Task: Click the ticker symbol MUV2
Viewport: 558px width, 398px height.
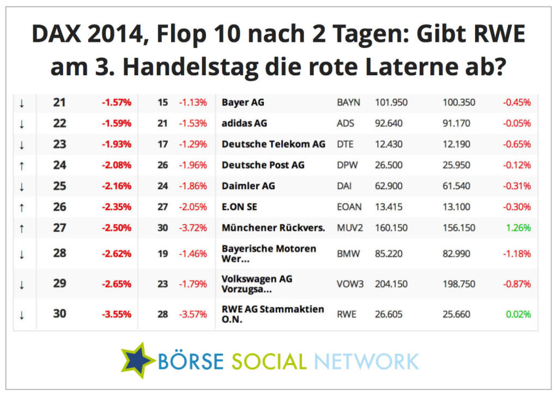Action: click(349, 228)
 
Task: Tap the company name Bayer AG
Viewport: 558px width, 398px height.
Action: click(243, 102)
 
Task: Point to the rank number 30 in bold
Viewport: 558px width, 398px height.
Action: click(60, 313)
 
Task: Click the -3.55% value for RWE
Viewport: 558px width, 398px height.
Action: click(116, 314)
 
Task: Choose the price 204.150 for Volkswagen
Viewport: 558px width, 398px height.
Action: click(391, 284)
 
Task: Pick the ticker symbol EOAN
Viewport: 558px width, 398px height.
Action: click(349, 207)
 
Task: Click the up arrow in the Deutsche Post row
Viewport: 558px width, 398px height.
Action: click(22, 165)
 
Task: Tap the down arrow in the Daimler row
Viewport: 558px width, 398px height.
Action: click(22, 186)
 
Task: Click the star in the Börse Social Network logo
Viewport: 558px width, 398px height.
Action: click(138, 360)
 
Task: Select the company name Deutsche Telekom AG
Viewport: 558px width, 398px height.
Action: click(274, 144)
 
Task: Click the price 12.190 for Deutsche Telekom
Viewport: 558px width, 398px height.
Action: click(457, 144)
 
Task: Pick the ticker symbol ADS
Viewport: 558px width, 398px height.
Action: click(345, 123)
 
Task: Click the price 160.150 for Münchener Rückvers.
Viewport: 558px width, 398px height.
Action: click(391, 228)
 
